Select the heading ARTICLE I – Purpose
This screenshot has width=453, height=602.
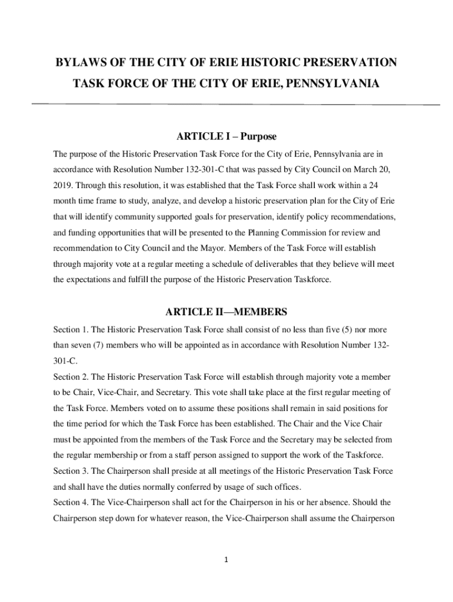pos(226,136)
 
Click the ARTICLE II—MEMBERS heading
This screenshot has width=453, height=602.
pos(226,311)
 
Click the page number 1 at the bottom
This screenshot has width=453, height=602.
pos(226,559)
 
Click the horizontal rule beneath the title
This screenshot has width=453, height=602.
pos(235,105)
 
